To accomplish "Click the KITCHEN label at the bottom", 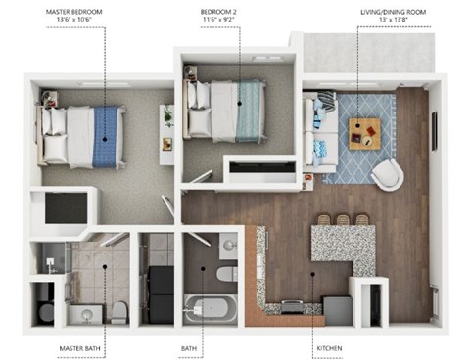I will pyautogui.click(x=329, y=347).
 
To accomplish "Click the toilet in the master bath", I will pyautogui.click(x=119, y=312).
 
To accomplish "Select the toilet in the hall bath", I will pyautogui.click(x=226, y=273).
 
